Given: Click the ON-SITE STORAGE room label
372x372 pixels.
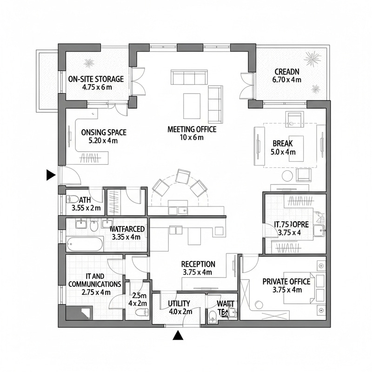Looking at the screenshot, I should pos(96,79).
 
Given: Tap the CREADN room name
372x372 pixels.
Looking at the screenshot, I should pos(287,72).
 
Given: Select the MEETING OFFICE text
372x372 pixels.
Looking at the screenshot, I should pos(192,129).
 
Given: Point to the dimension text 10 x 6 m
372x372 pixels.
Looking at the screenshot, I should pos(192,137).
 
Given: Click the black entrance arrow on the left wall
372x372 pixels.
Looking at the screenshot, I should pos(51,175).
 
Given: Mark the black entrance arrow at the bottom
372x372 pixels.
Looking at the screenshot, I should pos(177,335).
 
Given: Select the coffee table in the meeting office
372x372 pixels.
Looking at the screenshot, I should pos(192,106).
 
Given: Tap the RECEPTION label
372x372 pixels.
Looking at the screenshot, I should pos(198,264).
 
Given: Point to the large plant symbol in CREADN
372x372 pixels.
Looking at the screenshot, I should pos(312,59).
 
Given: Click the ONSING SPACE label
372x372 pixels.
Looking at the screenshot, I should pos(103,133).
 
